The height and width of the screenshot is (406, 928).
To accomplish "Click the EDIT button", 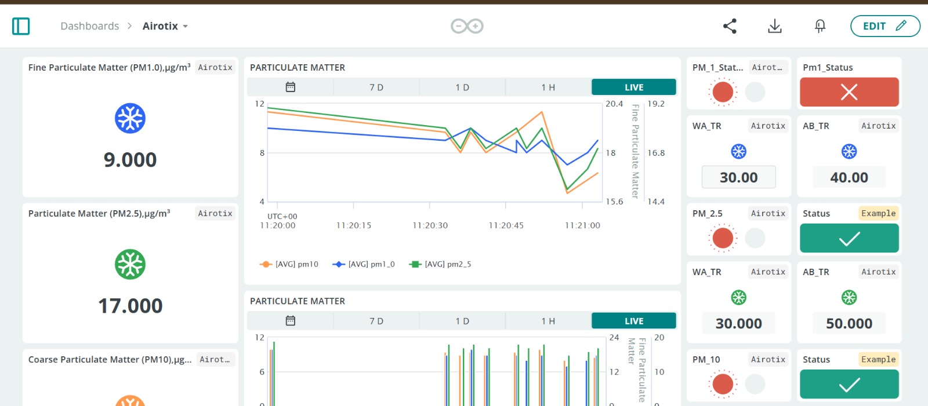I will click(884, 26).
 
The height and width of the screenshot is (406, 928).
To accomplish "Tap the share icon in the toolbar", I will click(730, 26).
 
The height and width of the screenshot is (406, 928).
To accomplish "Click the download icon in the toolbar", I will click(775, 26).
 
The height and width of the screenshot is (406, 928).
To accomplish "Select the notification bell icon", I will click(820, 26).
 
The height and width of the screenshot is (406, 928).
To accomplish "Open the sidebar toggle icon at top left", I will click(21, 26).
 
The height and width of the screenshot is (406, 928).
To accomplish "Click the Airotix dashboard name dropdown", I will click(165, 26).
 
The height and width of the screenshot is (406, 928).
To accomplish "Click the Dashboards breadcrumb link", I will click(89, 26).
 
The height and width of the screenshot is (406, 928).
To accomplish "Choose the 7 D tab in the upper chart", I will click(376, 87).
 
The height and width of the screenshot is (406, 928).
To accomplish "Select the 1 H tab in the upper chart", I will click(548, 87).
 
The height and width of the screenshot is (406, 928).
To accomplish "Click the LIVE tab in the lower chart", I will click(634, 321).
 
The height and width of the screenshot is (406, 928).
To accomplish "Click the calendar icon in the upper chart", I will click(291, 87).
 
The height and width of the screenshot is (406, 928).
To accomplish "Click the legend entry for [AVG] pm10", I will click(289, 264).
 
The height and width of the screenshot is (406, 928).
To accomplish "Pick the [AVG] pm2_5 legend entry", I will click(440, 264).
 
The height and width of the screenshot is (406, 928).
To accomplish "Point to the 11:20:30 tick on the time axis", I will click(430, 225).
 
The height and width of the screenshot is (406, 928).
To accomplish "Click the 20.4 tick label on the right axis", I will click(614, 104).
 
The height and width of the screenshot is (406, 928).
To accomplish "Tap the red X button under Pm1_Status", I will click(849, 92).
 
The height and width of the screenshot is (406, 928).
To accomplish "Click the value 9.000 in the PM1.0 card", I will click(130, 160).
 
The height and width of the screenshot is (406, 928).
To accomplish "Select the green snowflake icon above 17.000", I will click(130, 265).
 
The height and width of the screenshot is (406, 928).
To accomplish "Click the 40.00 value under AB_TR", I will click(849, 177).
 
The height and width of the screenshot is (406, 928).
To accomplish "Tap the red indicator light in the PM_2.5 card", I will click(723, 238).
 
